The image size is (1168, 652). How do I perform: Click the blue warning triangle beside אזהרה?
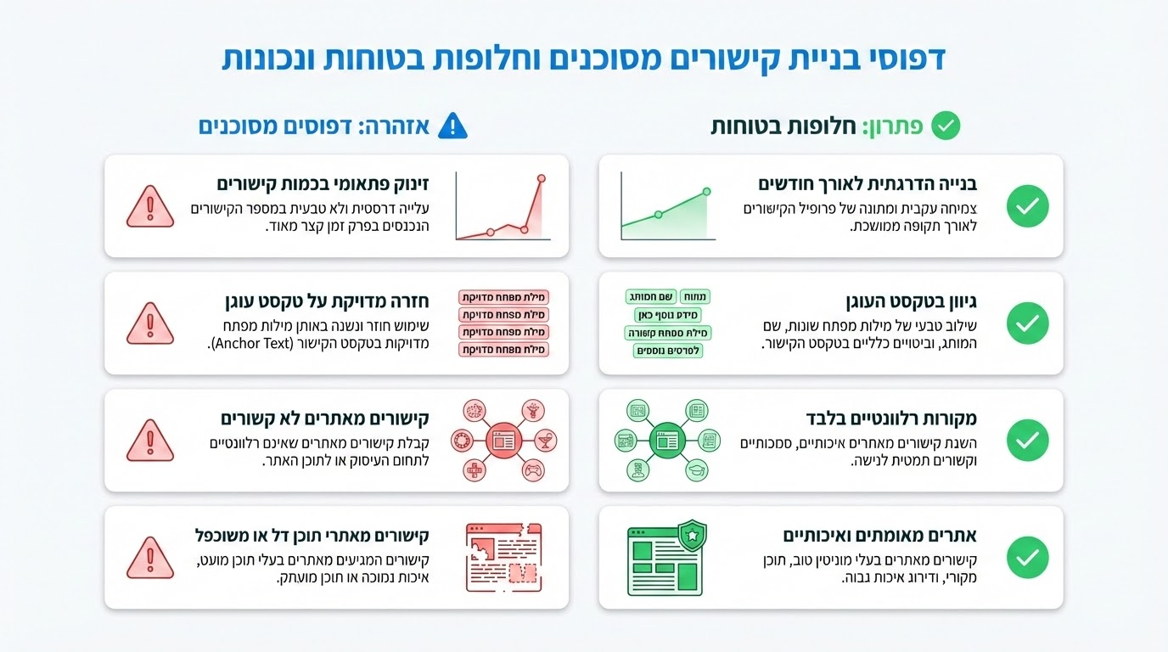pos(452,126)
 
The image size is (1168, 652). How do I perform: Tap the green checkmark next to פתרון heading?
pos(946,126)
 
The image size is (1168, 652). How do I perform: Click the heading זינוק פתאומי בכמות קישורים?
pos(323,184)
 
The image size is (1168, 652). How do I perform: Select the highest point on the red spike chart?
pos(541,178)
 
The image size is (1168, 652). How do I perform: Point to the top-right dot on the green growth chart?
pos(706,193)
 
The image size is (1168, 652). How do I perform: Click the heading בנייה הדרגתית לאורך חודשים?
pos(868,184)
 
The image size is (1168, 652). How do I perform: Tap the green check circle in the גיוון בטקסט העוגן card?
pos(1027,323)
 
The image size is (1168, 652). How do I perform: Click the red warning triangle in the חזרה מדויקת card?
pos(150,323)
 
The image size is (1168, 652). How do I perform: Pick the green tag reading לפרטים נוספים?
pos(668,351)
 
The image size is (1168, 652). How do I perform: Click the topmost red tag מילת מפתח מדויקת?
pos(504,297)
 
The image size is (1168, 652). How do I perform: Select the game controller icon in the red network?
pos(532,470)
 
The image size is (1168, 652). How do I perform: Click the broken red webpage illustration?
pos(504,557)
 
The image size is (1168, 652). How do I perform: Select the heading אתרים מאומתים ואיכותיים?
pos(879,536)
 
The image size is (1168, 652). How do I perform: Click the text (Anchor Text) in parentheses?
pos(255,344)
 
